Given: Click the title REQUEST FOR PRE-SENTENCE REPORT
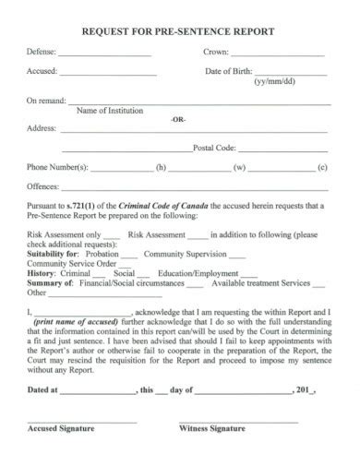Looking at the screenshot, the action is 179,30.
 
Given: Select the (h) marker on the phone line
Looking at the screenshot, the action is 161,168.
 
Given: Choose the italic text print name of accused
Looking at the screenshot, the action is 73,322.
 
